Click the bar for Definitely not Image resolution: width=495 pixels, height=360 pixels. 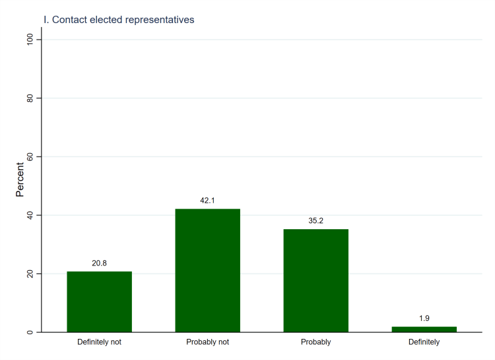99,301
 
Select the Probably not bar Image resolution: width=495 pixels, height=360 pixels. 207,270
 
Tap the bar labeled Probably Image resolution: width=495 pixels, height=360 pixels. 315,280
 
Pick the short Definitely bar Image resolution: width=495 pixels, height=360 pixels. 424,329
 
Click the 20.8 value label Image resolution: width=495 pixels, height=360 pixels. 99,263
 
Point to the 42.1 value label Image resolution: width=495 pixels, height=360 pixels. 207,200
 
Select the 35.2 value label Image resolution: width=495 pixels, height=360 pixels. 315,221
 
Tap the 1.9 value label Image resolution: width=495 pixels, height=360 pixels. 424,318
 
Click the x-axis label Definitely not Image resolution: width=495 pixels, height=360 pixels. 99,342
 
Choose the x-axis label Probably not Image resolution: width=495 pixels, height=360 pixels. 207,342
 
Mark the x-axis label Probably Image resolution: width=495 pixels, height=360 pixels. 315,342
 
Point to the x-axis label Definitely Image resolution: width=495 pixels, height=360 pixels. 424,342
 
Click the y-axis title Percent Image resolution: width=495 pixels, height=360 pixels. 20,180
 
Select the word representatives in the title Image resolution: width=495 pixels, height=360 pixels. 162,20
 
